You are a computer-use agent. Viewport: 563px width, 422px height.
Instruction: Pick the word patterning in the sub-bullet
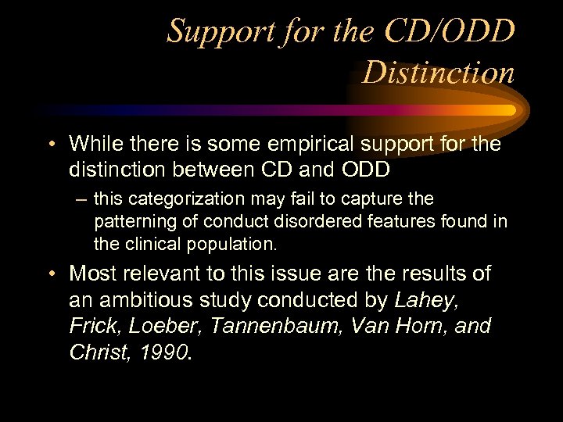pos(133,221)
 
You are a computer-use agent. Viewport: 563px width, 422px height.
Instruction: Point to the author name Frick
pos(91,326)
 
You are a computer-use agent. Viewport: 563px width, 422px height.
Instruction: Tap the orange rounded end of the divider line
pos(511,110)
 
